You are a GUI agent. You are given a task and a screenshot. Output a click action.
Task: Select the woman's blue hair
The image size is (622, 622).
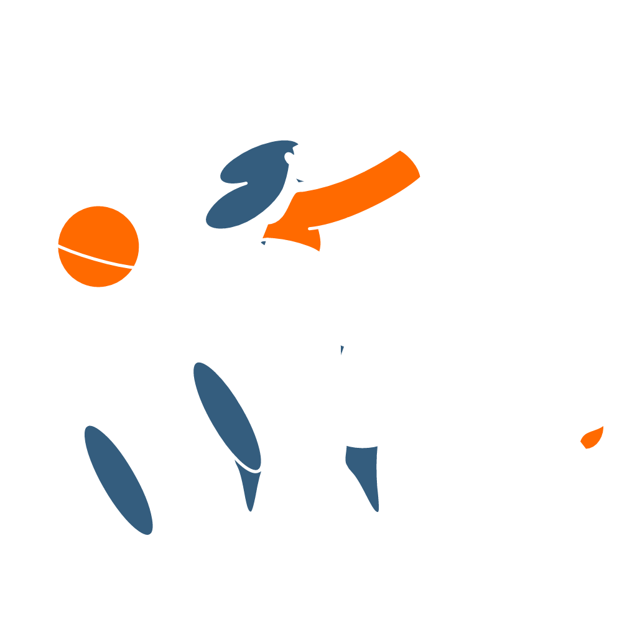tap(249, 187)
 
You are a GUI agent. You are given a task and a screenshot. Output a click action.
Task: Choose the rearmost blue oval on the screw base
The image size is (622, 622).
tap(118, 479)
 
